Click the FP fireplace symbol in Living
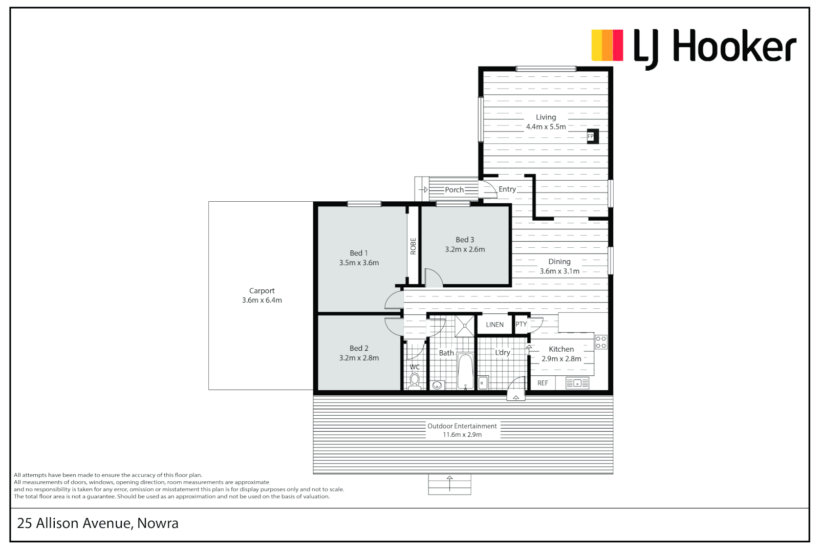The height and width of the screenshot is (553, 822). [593, 136]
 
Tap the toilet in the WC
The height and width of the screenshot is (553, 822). [415, 381]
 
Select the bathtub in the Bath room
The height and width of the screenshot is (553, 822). [465, 371]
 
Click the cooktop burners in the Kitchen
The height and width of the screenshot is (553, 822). [601, 342]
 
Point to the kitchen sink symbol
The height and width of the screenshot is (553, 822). [577, 384]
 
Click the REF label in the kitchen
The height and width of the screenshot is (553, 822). [543, 383]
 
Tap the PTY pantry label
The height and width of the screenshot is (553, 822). [521, 324]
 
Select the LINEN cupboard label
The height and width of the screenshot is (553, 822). [494, 325]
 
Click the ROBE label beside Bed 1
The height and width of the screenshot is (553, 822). [413, 246]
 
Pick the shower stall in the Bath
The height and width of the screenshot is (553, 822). [465, 326]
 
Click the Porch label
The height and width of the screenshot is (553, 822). [455, 190]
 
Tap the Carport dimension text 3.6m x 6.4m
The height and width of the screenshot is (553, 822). [262, 300]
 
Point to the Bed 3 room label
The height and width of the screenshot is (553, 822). [465, 240]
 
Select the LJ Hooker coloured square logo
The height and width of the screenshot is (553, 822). [608, 45]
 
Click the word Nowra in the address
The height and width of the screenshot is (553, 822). [158, 523]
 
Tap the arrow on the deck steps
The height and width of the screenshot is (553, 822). [450, 483]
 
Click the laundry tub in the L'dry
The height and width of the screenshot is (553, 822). [483, 382]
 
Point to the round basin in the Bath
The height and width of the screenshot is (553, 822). [437, 385]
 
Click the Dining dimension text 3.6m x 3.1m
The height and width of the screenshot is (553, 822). [559, 271]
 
